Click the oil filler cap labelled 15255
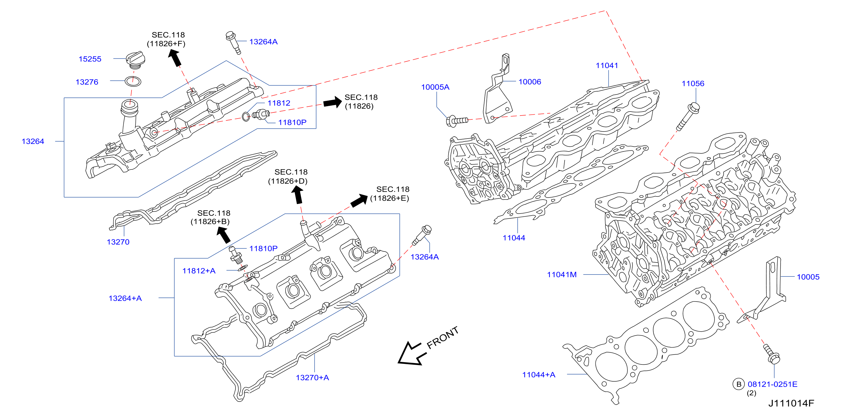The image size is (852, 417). [135, 60]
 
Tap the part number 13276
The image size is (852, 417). [87, 82]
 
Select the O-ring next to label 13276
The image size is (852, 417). [133, 81]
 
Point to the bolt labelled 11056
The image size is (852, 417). [688, 116]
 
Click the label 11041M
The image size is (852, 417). [562, 275]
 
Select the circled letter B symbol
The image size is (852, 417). [738, 384]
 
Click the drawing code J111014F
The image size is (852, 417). [791, 403]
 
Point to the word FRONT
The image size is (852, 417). [443, 338]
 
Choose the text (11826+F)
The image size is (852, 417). [166, 44]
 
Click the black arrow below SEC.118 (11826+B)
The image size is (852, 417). [224, 235]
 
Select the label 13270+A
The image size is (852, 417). [312, 377]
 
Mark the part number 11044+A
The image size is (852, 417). [538, 375]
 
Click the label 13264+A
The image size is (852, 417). [125, 298]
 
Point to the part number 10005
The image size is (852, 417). [808, 277]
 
